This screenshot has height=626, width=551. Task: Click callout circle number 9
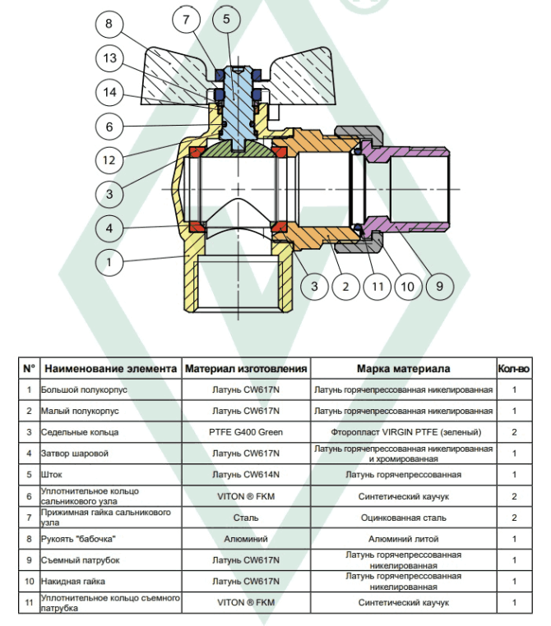(438, 286)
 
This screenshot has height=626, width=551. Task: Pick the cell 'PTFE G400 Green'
(246, 432)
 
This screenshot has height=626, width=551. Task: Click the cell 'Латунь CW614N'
(246, 475)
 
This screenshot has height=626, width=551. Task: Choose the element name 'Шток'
(51, 475)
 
